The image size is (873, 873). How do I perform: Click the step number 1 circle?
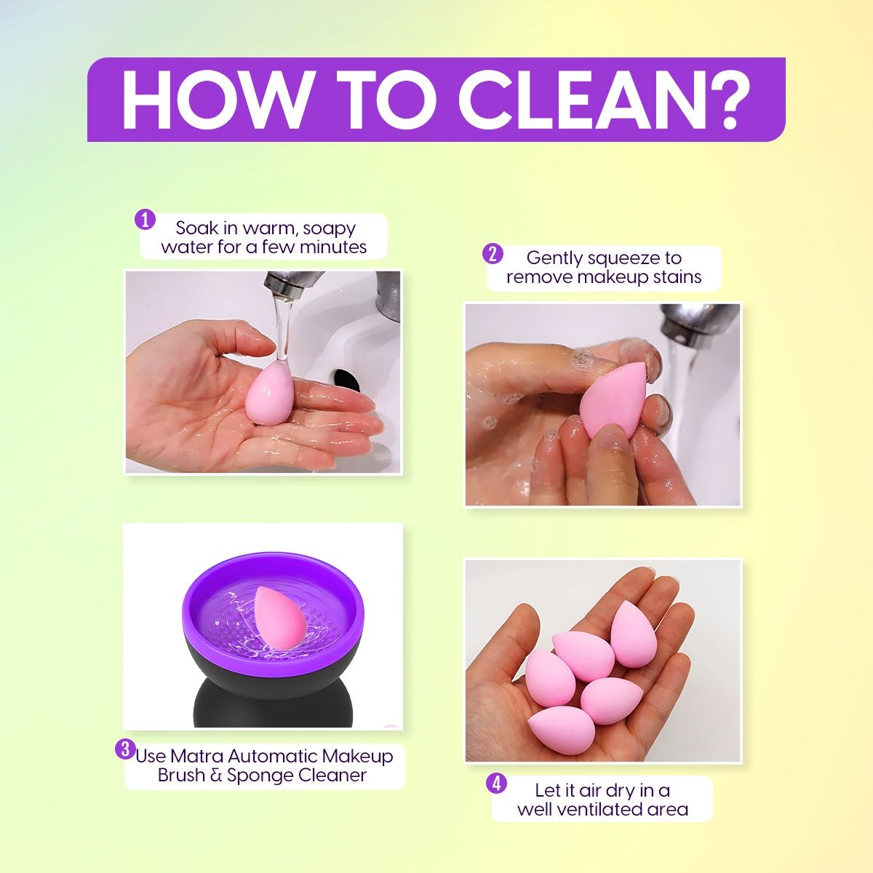145,220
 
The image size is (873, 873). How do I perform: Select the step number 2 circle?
493,254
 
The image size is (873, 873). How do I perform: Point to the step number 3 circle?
125,749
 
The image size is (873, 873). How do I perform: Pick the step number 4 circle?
496,784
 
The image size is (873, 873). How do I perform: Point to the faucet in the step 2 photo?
695,324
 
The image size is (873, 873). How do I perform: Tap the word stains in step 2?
677,276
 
